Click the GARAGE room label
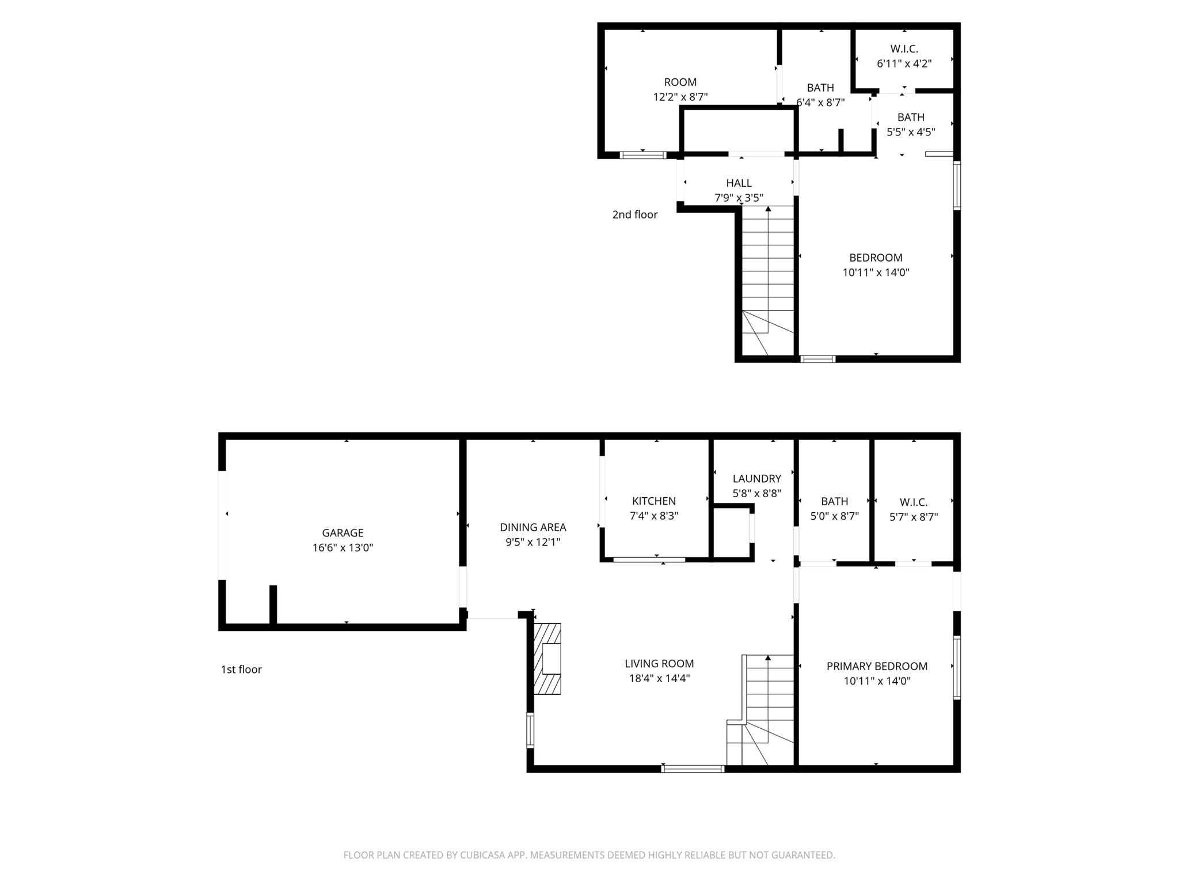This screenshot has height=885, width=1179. coord(343,533)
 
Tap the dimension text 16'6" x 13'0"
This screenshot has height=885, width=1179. coord(343,548)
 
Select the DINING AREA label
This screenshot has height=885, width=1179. coord(533,527)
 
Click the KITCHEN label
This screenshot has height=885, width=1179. coord(653,501)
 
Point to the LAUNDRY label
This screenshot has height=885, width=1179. coord(756,479)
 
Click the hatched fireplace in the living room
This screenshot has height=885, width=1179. coord(547,659)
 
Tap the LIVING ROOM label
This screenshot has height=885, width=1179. coord(659,664)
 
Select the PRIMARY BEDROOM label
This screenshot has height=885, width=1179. coord(877,667)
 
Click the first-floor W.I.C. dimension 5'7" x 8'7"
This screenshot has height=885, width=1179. coord(913,517)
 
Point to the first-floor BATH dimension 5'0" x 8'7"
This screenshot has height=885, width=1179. coord(834,517)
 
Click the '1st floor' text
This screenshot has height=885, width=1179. coord(241,670)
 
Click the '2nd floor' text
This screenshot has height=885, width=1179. coord(634,215)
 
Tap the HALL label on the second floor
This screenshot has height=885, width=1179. coord(739,183)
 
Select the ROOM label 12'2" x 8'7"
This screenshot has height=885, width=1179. coord(680,82)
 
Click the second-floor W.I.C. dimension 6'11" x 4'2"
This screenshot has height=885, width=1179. coord(904,64)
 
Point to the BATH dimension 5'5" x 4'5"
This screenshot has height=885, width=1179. coord(910,132)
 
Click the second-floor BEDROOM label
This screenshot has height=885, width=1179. coord(876,258)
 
